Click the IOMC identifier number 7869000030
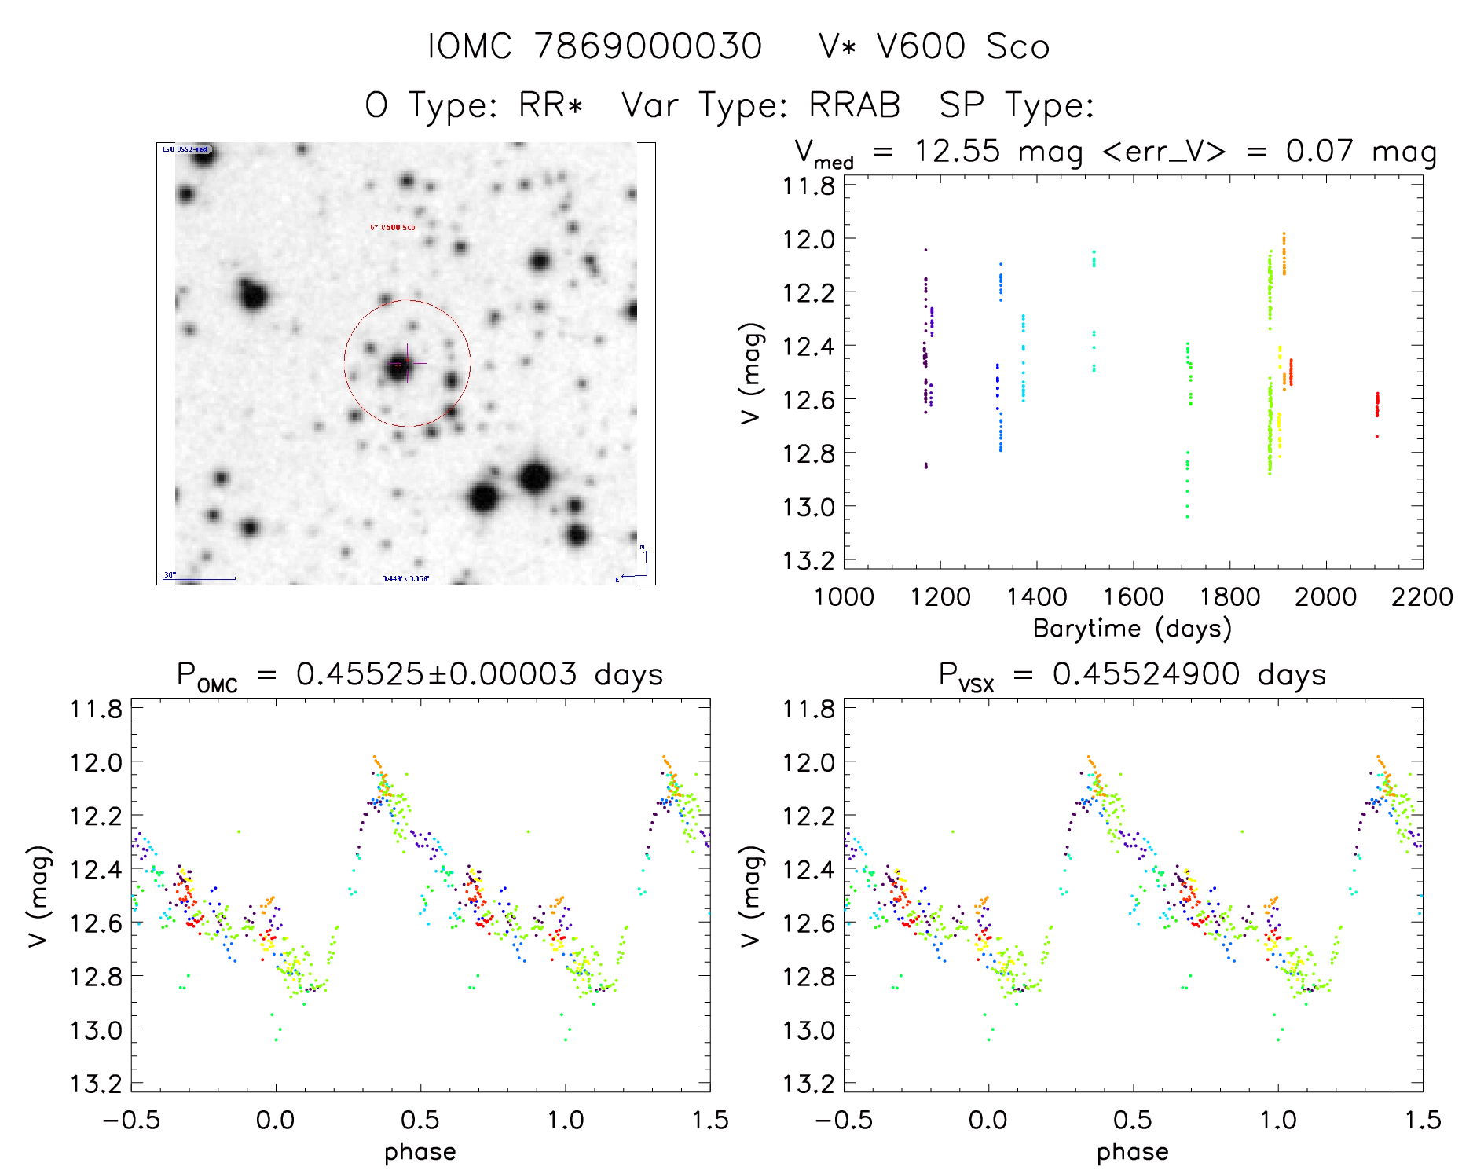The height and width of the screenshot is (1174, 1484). tap(648, 46)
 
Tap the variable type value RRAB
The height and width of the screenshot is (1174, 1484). tap(855, 105)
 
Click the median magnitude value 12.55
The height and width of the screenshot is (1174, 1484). tap(957, 151)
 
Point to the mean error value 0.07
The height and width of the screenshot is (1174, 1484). tap(1319, 151)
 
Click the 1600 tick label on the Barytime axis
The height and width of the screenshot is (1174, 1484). tap(1133, 596)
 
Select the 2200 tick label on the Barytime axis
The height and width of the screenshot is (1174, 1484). tap(1422, 596)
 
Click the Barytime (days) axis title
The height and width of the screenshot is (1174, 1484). tap(1132, 629)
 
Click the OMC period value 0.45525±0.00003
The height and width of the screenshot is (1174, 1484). tap(436, 674)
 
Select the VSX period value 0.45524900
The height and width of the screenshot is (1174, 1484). tap(1146, 674)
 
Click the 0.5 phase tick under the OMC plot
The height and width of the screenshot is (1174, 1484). tap(420, 1120)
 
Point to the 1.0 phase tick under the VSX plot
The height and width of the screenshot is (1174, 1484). tap(1278, 1120)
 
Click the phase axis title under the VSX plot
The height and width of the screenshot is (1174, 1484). tap(1132, 1152)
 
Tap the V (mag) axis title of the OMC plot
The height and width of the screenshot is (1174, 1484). tap(39, 896)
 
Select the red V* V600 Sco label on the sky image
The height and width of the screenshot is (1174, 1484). tap(392, 228)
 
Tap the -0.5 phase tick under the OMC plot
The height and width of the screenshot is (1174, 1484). tap(131, 1120)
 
